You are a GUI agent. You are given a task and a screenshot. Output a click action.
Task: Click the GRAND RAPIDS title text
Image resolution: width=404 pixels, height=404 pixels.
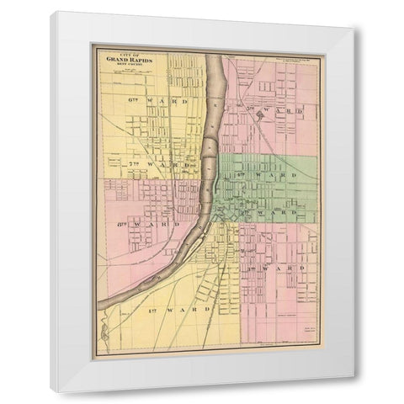(x=130, y=60)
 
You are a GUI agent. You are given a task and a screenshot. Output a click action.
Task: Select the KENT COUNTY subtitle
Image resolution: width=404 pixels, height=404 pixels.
(x=130, y=65)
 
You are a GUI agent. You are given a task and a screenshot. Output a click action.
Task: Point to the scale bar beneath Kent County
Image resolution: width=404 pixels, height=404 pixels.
(x=130, y=72)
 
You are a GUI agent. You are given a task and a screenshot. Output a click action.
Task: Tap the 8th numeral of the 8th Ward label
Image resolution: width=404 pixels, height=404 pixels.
(x=117, y=226)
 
